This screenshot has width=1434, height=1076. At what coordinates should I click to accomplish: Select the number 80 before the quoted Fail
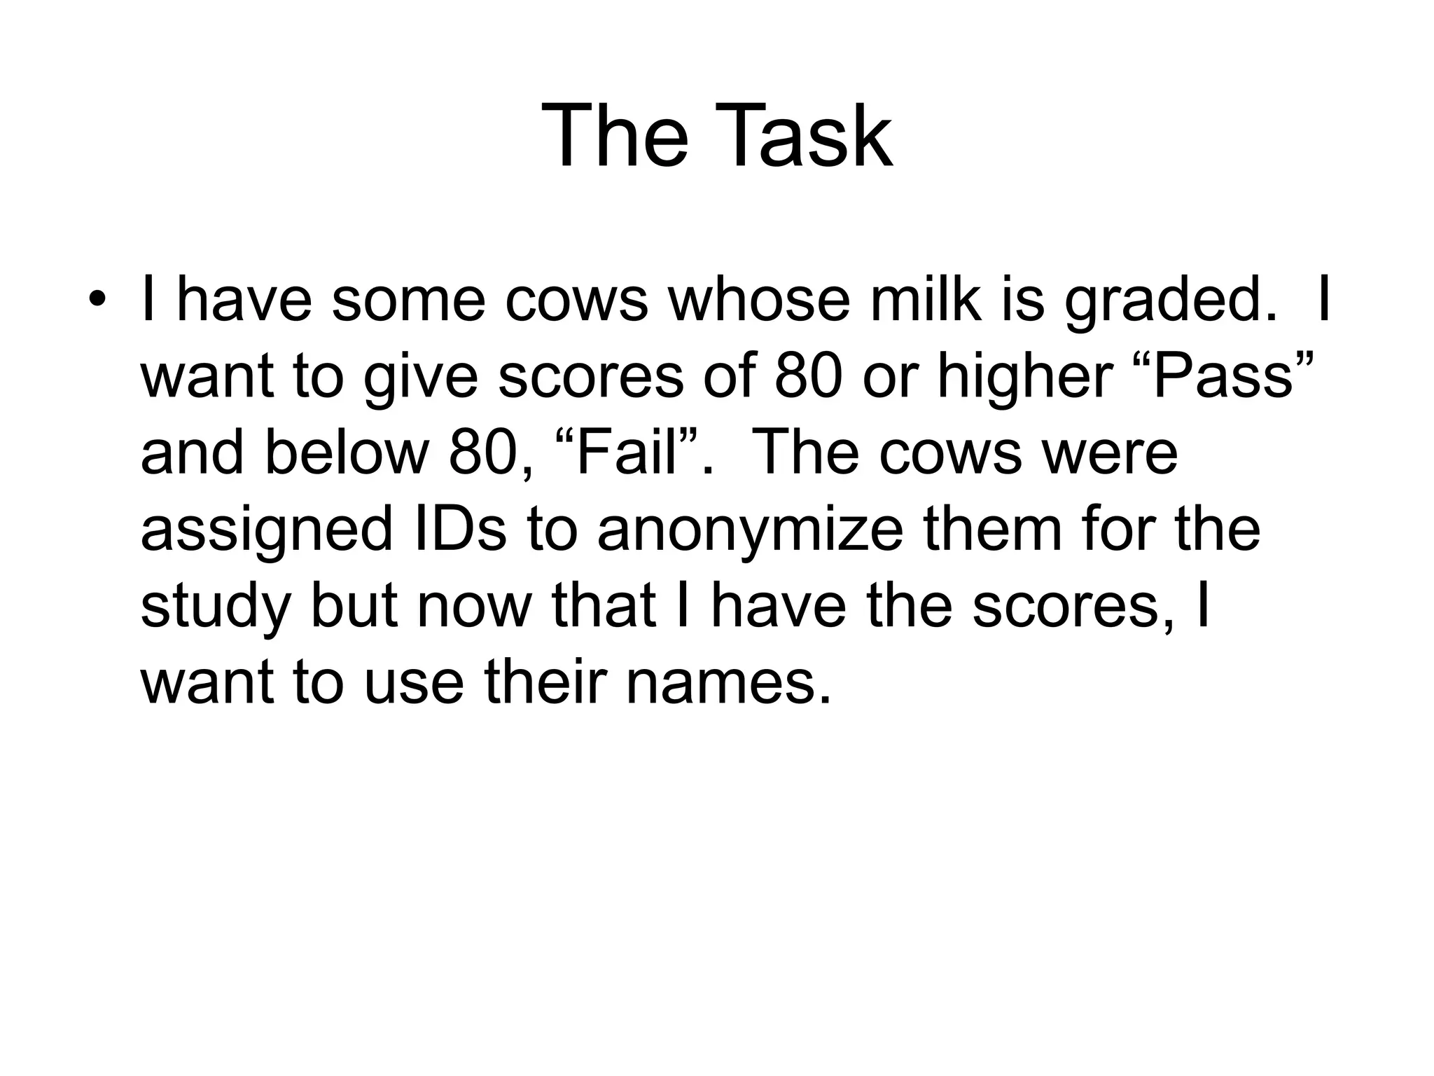pos(484,453)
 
